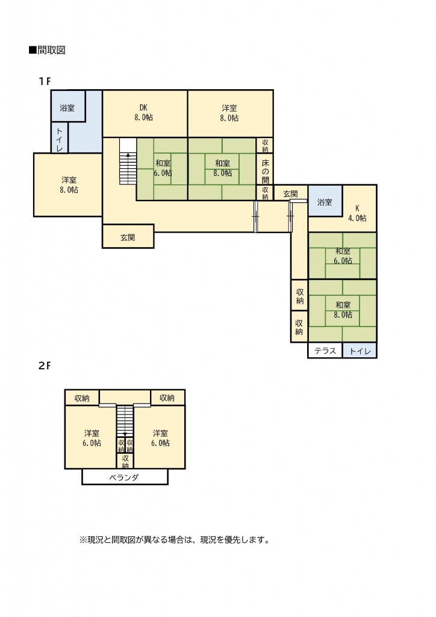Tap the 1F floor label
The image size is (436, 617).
click(45, 81)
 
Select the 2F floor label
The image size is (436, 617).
click(45, 366)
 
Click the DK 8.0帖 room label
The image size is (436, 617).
click(143, 113)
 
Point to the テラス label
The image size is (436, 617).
click(325, 351)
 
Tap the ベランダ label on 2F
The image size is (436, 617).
click(124, 478)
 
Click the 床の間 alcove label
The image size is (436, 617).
click(266, 172)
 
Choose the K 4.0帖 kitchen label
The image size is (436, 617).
click(357, 213)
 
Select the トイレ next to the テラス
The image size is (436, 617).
click(360, 351)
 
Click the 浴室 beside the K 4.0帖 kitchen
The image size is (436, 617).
click(325, 202)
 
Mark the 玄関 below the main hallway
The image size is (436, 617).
click(128, 237)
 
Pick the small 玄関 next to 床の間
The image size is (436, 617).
click(290, 194)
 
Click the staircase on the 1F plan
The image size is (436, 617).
click(128, 161)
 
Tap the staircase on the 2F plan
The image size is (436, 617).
click(125, 421)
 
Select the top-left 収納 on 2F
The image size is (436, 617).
click(82, 398)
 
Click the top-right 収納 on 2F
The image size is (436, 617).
click(167, 398)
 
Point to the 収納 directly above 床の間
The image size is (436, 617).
click(266, 146)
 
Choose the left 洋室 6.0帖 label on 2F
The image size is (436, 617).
click(92, 438)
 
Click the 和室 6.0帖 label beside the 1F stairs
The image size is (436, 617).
click(163, 168)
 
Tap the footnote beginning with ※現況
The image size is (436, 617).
click(175, 540)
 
